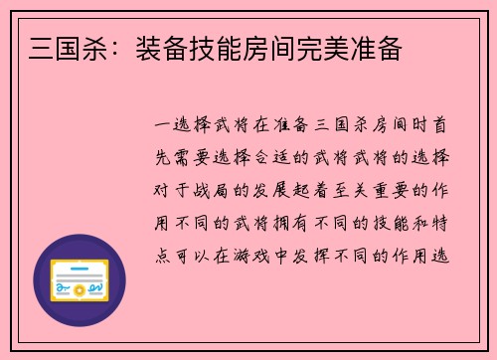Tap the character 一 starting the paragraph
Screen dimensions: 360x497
coord(164,127)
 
